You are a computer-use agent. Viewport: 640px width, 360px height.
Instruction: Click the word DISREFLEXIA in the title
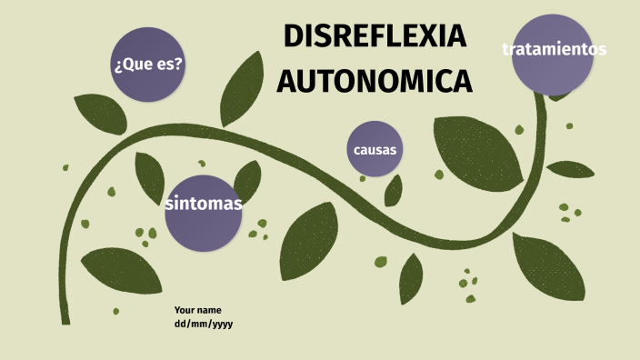(x=375, y=37)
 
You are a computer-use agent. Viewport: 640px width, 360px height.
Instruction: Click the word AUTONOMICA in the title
(x=375, y=82)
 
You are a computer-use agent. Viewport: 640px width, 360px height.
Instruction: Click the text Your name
(x=197, y=310)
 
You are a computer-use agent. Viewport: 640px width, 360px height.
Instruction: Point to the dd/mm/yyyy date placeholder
(x=204, y=324)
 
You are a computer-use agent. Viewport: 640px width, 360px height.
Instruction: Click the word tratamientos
(x=555, y=49)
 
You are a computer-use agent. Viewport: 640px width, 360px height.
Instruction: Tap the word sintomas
(x=204, y=203)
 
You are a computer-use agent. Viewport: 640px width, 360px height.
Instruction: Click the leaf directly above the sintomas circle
(x=245, y=177)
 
